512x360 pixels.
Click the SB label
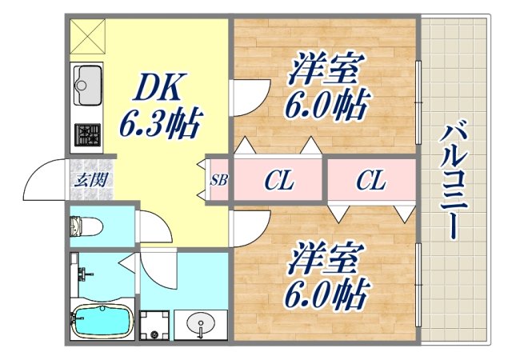[x=219, y=180]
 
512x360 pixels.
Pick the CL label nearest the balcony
[x=370, y=181]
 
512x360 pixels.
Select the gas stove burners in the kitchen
[x=86, y=133]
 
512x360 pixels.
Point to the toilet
[x=83, y=225]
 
